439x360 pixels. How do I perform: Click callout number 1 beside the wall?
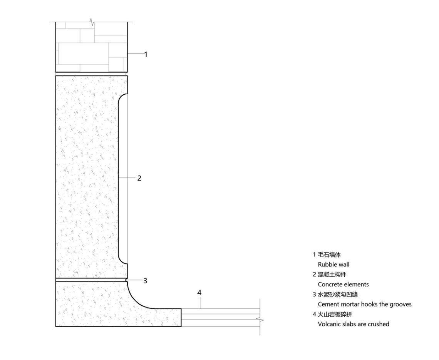coord(146,54)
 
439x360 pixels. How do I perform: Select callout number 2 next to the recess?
coord(139,178)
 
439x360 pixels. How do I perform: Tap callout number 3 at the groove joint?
coord(145,281)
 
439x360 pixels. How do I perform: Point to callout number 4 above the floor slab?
coord(199,293)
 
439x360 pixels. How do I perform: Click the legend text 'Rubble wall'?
coord(333,265)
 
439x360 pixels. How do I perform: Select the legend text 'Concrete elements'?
coord(343,285)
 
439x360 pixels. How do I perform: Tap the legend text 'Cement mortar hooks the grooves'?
coord(365,304)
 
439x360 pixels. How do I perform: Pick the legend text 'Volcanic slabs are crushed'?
coord(354,324)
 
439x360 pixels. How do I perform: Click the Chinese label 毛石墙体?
coord(329,255)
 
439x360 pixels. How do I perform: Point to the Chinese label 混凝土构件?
coord(332,275)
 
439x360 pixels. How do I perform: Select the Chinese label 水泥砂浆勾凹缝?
coord(338,295)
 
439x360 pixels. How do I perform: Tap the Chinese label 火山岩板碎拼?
coord(335,314)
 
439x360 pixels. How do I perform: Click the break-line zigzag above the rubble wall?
coord(92,22)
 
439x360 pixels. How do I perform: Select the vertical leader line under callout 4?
coord(200,303)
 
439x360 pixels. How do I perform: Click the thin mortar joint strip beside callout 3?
coord(91,280)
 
